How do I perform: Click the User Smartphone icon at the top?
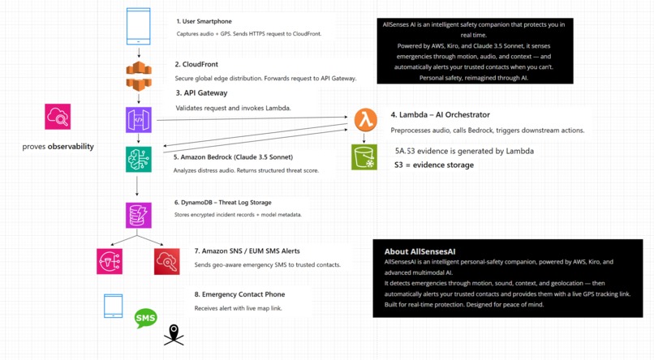[139, 25]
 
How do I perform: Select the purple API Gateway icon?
[139, 119]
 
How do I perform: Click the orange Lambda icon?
[365, 120]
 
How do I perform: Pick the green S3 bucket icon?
[364, 156]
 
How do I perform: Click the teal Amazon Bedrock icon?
[139, 159]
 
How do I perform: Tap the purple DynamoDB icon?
[139, 215]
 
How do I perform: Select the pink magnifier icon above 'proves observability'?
[58, 117]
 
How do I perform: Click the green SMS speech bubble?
[146, 318]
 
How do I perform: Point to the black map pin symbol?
[174, 333]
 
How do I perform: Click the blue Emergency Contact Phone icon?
[113, 306]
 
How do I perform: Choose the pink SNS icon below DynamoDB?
[110, 261]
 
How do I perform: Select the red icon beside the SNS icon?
[166, 261]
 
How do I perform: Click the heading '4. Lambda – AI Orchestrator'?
[440, 115]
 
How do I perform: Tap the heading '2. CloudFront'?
[196, 64]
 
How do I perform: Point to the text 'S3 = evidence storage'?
[433, 165]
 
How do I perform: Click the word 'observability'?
[71, 147]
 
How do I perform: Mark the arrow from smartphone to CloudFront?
[139, 53]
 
